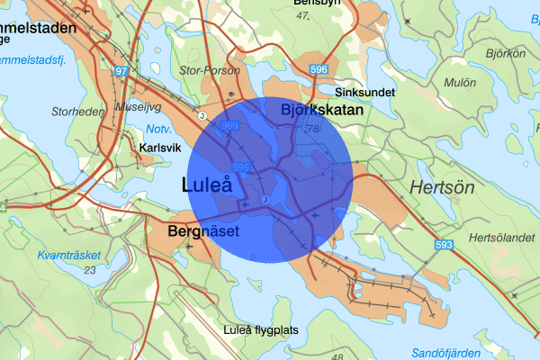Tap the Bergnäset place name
coord(203,232)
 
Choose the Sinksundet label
coord(362,92)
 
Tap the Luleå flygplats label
coord(261,330)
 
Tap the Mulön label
coord(460,82)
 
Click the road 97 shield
coord(122,70)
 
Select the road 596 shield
coord(319,69)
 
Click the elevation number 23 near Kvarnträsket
coord(90,270)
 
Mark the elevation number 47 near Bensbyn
coord(314,17)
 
